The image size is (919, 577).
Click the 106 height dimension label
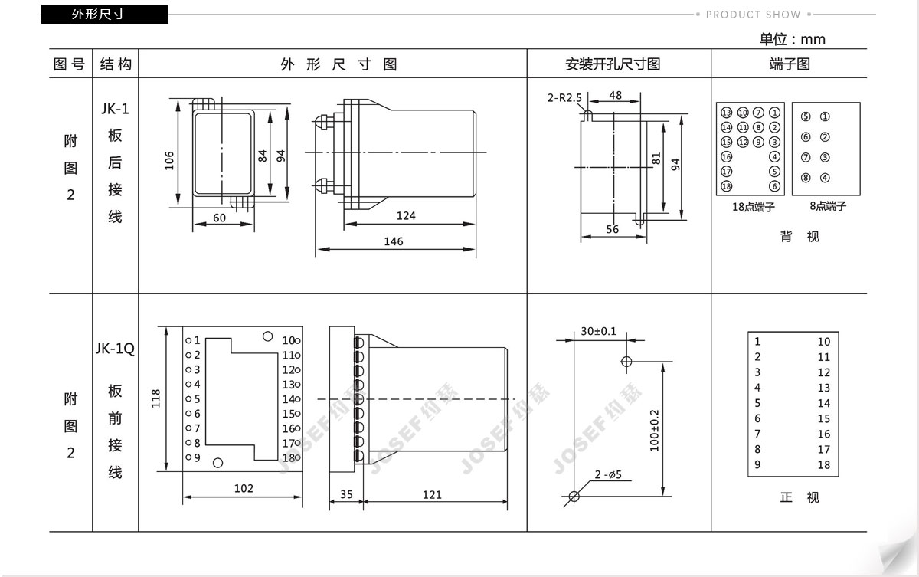(169, 160)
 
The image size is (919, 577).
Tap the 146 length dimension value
(394, 241)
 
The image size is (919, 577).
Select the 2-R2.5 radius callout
(564, 97)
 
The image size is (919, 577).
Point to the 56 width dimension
(613, 229)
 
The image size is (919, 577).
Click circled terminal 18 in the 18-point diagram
(727, 186)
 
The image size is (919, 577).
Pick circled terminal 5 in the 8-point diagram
(806, 116)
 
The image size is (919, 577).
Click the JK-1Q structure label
(115, 349)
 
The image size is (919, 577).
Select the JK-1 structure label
(115, 109)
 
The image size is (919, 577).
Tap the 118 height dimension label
(156, 398)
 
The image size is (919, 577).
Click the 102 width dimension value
(244, 488)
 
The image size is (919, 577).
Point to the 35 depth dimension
(346, 494)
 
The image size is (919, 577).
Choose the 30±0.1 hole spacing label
(599, 331)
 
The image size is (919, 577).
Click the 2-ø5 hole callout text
(608, 474)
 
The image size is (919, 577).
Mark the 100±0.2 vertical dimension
(655, 430)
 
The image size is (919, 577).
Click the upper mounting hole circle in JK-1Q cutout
(626, 362)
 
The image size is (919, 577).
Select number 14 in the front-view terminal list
(824, 403)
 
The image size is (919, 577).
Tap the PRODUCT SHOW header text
(754, 15)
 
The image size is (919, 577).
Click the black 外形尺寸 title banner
(105, 15)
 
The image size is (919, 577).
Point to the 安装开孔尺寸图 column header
(613, 64)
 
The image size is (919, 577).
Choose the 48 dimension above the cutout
(616, 95)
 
